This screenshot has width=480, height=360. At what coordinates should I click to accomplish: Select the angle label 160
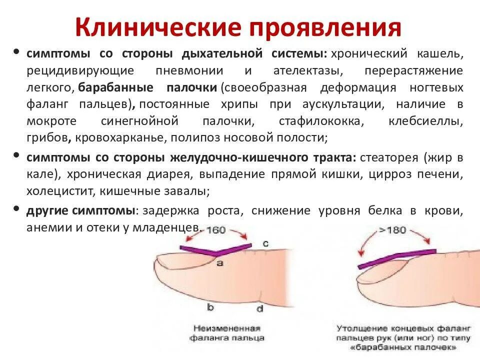[216, 230]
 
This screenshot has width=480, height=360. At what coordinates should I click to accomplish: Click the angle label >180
[392, 230]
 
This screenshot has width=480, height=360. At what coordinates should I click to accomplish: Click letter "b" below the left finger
[210, 307]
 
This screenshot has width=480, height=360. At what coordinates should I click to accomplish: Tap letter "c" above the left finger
[265, 243]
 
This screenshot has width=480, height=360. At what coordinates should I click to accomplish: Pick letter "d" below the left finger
[260, 308]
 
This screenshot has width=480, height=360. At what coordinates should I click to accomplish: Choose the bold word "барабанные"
[116, 87]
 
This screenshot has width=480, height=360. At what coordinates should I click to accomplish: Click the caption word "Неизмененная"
[225, 328]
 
